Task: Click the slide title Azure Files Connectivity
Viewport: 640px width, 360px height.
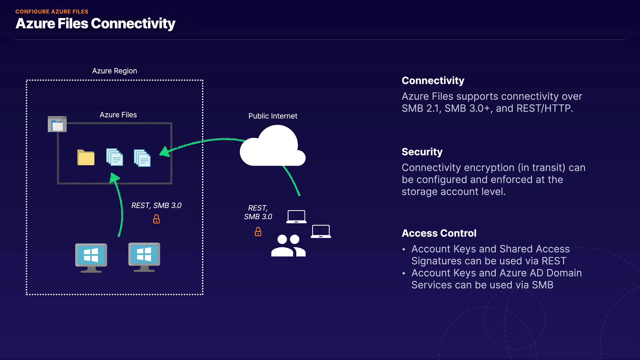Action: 95,24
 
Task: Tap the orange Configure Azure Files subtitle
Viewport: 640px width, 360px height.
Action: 52,12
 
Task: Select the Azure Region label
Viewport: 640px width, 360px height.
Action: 114,71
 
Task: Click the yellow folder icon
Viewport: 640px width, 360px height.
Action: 86,158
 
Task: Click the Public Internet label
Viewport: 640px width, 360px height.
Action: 273,116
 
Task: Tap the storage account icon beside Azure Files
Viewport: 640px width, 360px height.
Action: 57,124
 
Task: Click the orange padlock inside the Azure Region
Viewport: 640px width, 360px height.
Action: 156,219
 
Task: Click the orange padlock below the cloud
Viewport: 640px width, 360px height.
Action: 258,232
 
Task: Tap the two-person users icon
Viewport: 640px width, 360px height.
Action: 288,246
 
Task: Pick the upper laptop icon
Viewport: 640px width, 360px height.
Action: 296,217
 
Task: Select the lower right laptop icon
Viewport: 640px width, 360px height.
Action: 321,231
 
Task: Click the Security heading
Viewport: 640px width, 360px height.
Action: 422,152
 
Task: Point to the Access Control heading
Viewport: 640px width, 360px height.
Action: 439,233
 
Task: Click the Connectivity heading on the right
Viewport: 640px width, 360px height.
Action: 433,81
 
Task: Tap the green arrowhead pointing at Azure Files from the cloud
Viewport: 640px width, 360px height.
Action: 164,152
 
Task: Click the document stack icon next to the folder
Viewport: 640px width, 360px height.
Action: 114,157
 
